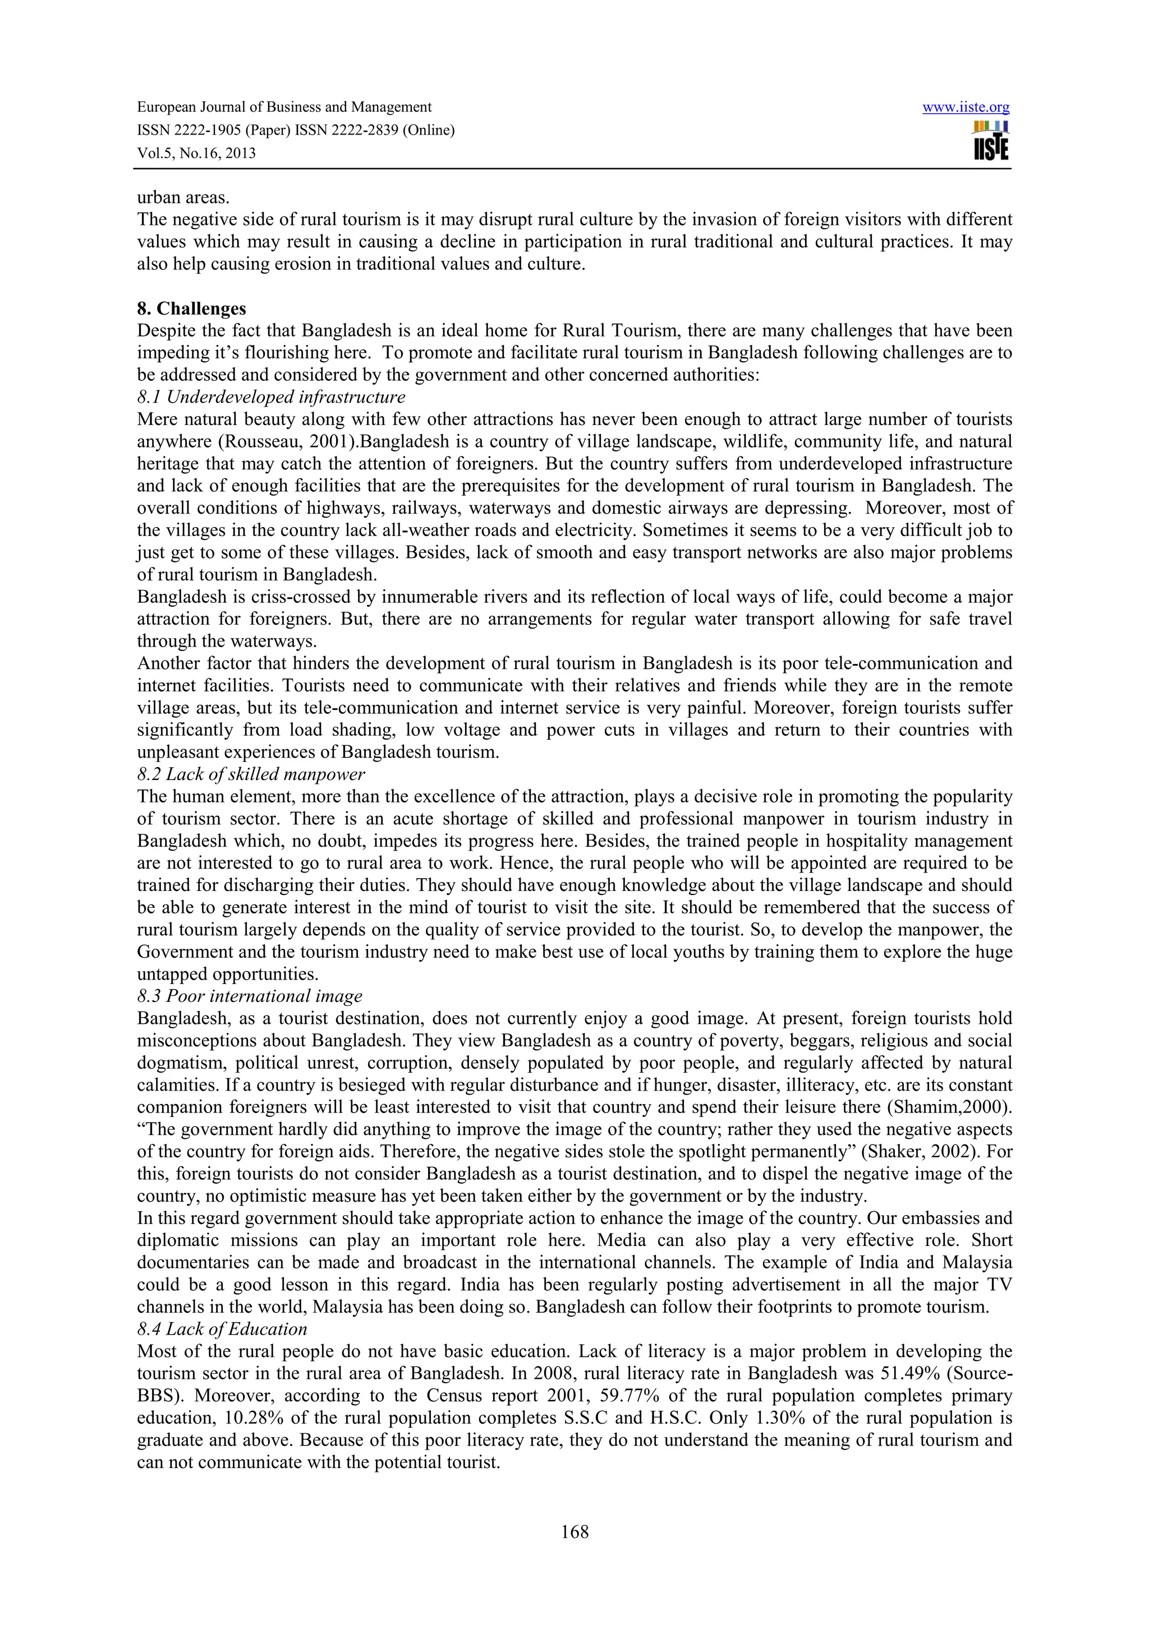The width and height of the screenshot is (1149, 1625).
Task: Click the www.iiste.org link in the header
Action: tap(966, 108)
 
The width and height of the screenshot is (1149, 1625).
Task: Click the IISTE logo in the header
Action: tap(990, 141)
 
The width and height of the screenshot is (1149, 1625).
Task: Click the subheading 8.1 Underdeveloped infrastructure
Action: tap(271, 397)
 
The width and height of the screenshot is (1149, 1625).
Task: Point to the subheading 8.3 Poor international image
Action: tap(249, 996)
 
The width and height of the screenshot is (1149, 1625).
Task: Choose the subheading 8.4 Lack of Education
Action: tap(222, 1328)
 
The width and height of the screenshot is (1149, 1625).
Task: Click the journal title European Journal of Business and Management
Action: tap(284, 108)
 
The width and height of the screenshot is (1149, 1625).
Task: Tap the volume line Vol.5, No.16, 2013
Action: tap(196, 153)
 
